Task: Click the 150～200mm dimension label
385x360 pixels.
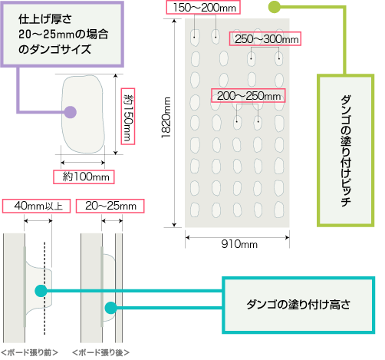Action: click(203, 8)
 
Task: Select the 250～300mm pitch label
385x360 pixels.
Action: click(265, 39)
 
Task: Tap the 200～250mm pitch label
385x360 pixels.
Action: click(248, 96)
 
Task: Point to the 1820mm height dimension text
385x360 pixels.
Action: click(166, 117)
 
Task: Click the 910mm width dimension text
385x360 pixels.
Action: click(239, 244)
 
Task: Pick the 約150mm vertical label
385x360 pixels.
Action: click(128, 117)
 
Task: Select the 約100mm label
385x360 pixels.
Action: click(84, 177)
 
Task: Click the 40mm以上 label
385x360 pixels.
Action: click(36, 206)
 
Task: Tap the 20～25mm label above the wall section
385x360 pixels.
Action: click(110, 206)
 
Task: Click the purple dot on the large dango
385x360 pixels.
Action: click(70, 112)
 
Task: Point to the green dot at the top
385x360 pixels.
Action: click(275, 7)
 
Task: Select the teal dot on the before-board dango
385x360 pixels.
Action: click(41, 291)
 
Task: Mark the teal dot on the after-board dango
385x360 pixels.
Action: click(111, 308)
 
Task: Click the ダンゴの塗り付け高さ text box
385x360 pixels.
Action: click(298, 305)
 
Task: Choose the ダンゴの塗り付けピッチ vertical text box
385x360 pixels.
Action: click(346, 150)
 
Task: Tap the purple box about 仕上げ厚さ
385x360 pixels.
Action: click(62, 35)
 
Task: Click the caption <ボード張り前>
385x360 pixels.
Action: click(30, 352)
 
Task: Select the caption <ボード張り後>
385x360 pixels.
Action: click(101, 352)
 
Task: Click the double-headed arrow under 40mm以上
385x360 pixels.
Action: click(38, 220)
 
